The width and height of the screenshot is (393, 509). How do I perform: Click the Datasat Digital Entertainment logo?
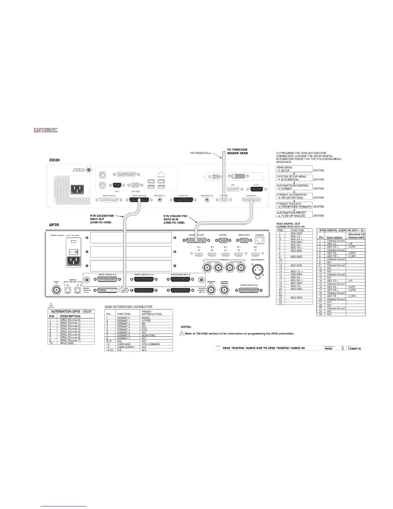click(x=46, y=130)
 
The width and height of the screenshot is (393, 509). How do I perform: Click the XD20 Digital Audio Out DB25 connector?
click(x=139, y=200)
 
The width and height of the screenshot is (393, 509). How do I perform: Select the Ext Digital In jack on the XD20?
click(x=160, y=200)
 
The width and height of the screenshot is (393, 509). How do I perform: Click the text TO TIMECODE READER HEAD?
click(x=237, y=151)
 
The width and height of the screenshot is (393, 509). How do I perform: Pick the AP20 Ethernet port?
click(x=259, y=240)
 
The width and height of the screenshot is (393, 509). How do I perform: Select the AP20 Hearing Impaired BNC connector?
click(x=224, y=290)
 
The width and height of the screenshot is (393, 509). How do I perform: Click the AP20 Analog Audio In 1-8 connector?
click(x=249, y=290)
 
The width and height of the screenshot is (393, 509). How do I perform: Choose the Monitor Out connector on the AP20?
click(x=211, y=290)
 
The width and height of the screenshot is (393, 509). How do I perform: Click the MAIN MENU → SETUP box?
click(x=294, y=169)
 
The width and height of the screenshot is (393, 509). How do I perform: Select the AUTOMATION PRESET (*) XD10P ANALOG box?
click(x=294, y=214)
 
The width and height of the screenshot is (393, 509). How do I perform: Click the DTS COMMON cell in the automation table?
click(x=151, y=344)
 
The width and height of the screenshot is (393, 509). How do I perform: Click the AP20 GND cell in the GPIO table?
click(x=67, y=343)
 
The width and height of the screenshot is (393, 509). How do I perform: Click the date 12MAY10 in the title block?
click(x=354, y=348)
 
